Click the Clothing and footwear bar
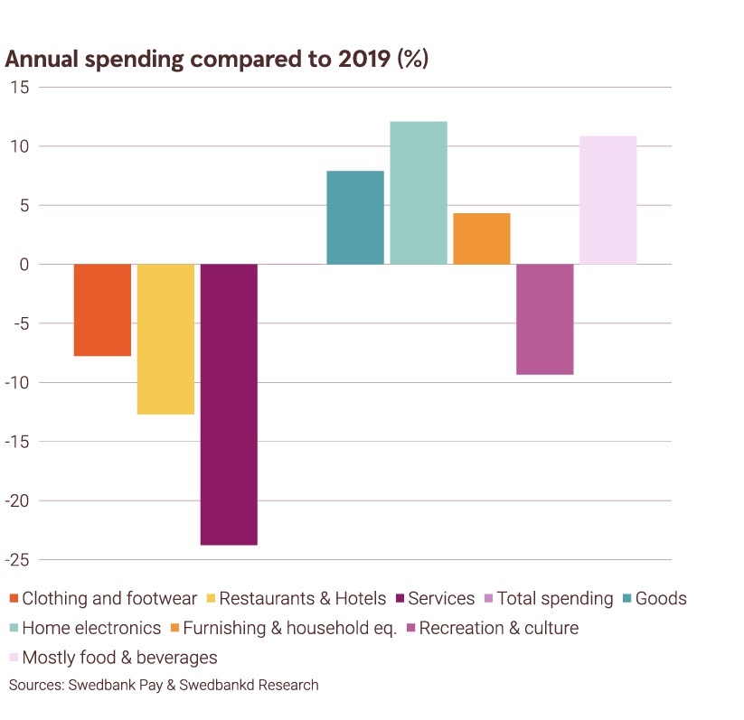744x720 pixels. (x=102, y=310)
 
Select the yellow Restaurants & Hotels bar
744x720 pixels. (x=165, y=339)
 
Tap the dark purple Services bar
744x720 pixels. (x=229, y=404)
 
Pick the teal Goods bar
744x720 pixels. (x=355, y=218)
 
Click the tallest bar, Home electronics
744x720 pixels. (x=419, y=192)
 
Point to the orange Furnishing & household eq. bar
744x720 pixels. (x=482, y=238)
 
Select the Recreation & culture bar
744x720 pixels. (x=545, y=319)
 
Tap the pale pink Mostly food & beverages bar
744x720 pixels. (x=608, y=200)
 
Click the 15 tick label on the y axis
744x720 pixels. (x=20, y=88)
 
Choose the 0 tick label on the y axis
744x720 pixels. (x=24, y=265)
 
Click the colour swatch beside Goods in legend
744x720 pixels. (x=627, y=599)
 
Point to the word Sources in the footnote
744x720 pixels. (x=33, y=685)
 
